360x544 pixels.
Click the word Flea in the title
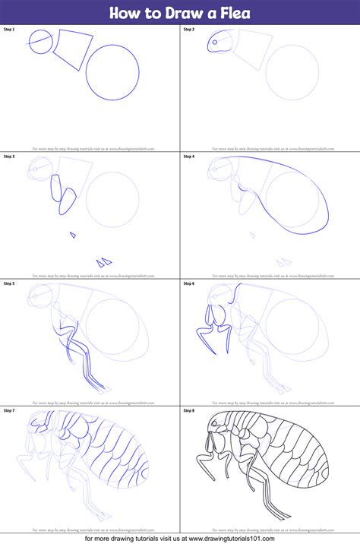pyautogui.click(x=232, y=13)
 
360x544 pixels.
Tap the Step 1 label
pyautogui.click(x=9, y=29)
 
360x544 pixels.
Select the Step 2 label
pyautogui.click(x=189, y=29)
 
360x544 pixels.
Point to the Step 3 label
pyautogui.click(x=9, y=157)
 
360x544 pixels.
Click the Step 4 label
pyautogui.click(x=189, y=157)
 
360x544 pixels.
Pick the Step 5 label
pyautogui.click(x=9, y=283)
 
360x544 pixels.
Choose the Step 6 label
pyautogui.click(x=189, y=283)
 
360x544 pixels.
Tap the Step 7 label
pyautogui.click(x=9, y=410)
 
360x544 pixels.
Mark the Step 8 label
pyautogui.click(x=189, y=410)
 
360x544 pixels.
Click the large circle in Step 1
pyautogui.click(x=112, y=73)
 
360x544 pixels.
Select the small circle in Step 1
pyautogui.click(x=41, y=43)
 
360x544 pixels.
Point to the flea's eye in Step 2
pyautogui.click(x=214, y=43)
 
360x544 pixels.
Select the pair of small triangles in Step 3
pyautogui.click(x=105, y=262)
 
